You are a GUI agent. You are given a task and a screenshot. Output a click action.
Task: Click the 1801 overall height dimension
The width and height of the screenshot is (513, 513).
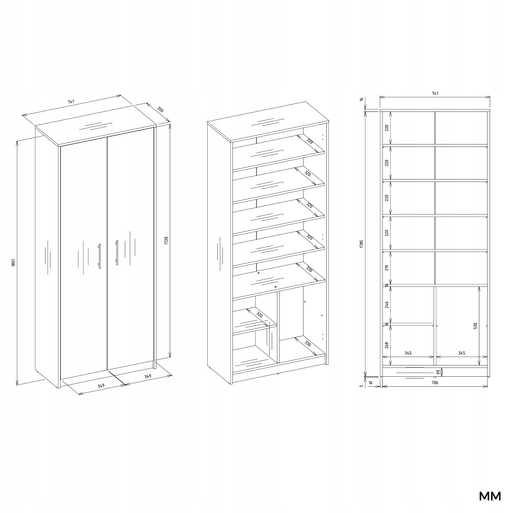click(14, 263)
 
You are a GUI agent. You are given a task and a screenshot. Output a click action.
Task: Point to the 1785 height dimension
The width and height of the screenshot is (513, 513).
click(361, 244)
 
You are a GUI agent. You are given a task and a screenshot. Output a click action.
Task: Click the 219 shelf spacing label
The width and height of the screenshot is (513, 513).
click(387, 268)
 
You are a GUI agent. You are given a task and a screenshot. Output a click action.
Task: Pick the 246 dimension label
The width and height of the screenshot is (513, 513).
click(387, 305)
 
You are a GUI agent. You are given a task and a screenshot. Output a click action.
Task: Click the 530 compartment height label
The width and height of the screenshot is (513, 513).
click(475, 326)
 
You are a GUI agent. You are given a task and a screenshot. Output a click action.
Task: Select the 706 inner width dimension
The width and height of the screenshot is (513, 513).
click(435, 383)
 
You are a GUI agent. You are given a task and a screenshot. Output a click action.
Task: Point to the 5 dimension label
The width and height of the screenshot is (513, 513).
click(361, 386)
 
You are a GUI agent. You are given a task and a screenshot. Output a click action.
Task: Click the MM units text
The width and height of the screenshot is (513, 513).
click(490, 496)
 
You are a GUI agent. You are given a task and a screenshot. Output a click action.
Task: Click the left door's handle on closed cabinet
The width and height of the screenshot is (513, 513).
click(100, 256)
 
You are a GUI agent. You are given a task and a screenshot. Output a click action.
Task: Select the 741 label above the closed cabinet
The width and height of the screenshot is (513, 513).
click(71, 102)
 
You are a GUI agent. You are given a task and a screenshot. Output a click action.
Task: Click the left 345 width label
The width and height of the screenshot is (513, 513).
click(408, 353)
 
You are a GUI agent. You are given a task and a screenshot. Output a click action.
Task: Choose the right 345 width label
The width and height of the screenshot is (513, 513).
click(462, 353)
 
